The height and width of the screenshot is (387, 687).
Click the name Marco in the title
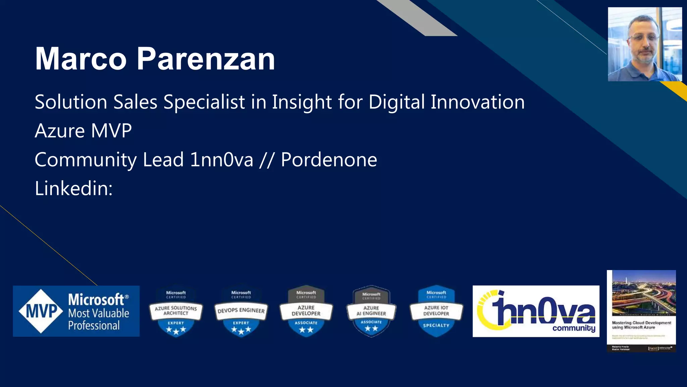click(x=81, y=59)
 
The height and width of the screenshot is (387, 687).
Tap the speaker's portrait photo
click(x=645, y=44)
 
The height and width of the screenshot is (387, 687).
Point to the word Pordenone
click(x=329, y=160)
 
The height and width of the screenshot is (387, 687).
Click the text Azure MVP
click(x=83, y=131)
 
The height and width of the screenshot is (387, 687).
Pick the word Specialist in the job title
click(x=204, y=102)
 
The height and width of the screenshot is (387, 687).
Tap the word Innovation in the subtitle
click(x=477, y=102)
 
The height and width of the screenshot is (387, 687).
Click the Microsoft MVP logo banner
click(x=76, y=311)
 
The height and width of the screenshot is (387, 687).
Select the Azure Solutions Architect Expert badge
click(x=176, y=311)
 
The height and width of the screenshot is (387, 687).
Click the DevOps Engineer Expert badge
click(x=241, y=311)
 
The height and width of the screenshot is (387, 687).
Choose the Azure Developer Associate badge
click(x=306, y=311)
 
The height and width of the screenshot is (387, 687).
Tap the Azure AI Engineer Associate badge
click(x=371, y=311)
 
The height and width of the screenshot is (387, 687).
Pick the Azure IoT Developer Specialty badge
click(x=436, y=311)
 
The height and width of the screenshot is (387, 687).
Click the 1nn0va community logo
click(x=536, y=311)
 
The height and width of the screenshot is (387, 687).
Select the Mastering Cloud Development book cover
click(x=641, y=311)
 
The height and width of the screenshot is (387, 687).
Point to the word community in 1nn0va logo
click(x=574, y=328)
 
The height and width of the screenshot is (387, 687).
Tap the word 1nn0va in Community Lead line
click(x=221, y=160)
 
